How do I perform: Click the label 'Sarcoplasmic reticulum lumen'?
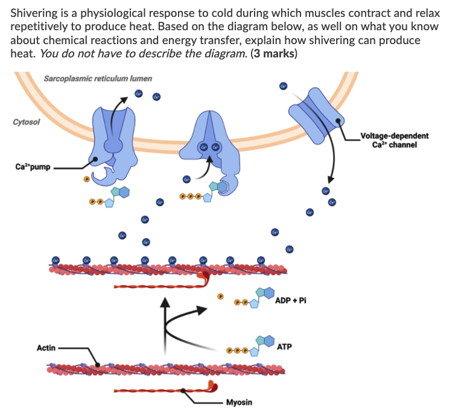pos(98,79)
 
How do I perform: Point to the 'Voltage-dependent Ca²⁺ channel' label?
pos(393,140)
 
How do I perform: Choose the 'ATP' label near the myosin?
pos(284,347)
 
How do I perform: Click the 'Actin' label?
pos(46,347)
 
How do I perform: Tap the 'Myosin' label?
pos(240,402)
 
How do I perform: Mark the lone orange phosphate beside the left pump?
pos(86,179)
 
